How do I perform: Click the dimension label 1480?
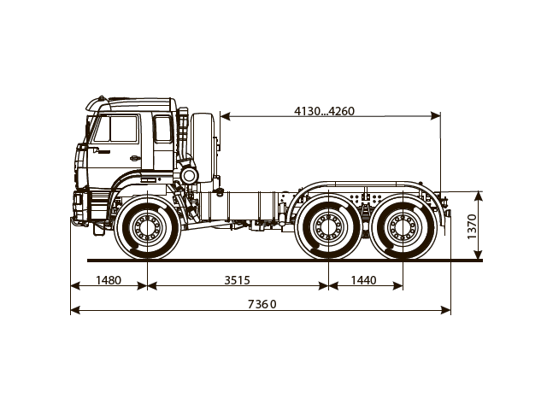pyautogui.click(x=109, y=279)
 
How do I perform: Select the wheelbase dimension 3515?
pyautogui.click(x=238, y=279)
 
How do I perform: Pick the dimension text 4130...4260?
pyautogui.click(x=324, y=110)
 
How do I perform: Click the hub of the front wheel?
pyautogui.click(x=147, y=226)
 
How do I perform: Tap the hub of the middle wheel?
pyautogui.click(x=328, y=226)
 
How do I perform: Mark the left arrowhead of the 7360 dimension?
pyautogui.click(x=74, y=310)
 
